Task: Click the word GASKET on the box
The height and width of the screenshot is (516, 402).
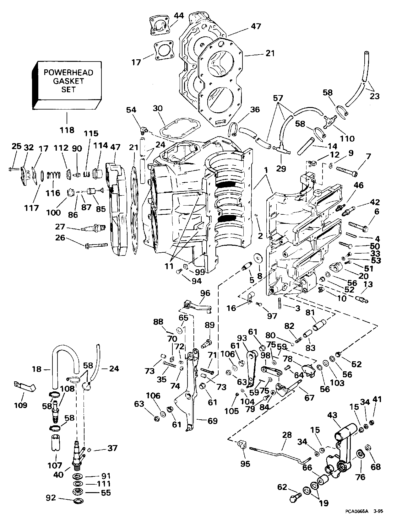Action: [68, 81]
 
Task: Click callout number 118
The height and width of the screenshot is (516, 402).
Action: [67, 130]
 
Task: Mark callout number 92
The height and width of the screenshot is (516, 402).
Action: [51, 498]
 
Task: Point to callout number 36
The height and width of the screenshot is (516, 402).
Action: [255, 110]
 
